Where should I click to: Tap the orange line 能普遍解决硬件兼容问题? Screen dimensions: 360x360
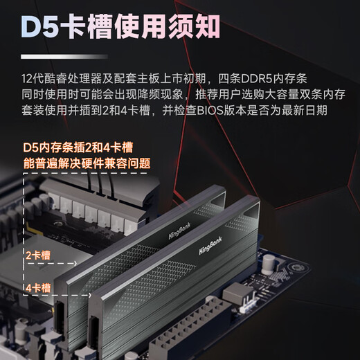click(x=88, y=163)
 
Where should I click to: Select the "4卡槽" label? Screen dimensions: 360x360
click(x=36, y=287)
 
